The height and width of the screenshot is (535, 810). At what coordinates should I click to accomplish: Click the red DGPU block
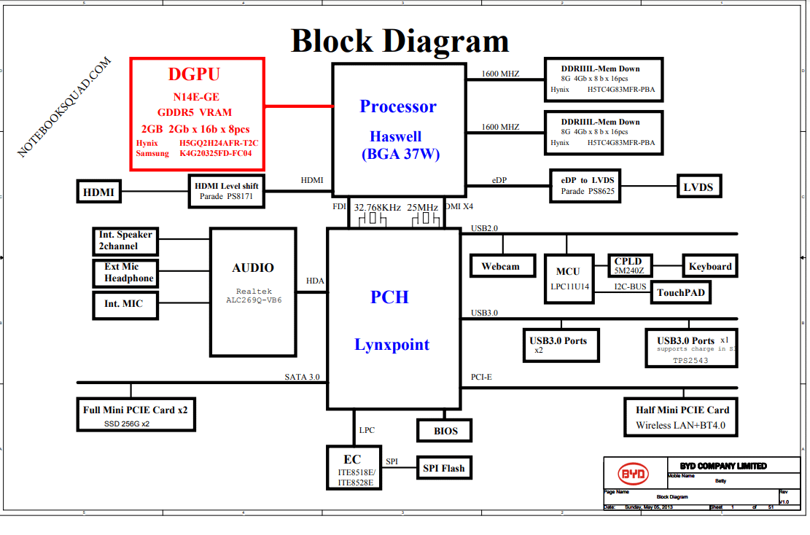tap(197, 114)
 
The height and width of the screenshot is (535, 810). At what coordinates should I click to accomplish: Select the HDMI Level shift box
tap(226, 191)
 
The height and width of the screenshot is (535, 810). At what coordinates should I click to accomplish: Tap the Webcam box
tap(500, 266)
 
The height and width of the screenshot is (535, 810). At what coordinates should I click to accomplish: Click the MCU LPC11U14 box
tap(568, 278)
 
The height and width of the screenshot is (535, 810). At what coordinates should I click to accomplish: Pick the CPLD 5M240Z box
tap(628, 266)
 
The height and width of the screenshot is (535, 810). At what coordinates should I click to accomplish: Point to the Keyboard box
tap(709, 266)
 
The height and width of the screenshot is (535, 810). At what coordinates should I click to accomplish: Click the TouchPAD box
tap(679, 293)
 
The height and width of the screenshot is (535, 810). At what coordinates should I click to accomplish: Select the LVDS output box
tap(698, 187)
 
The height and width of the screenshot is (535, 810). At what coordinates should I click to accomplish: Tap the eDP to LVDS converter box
tap(587, 186)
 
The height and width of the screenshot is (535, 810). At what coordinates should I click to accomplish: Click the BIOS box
tap(445, 431)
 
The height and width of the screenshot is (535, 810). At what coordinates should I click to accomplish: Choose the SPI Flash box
tap(443, 468)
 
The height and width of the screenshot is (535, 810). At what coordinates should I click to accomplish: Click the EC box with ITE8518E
tap(354, 468)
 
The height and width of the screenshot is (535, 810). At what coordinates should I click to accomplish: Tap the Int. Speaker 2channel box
tap(126, 241)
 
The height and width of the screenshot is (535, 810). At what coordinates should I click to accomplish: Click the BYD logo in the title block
tap(634, 474)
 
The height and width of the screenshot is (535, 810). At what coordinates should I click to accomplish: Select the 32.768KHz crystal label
tap(377, 208)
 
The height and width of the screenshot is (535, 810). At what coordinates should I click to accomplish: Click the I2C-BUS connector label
tap(630, 286)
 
